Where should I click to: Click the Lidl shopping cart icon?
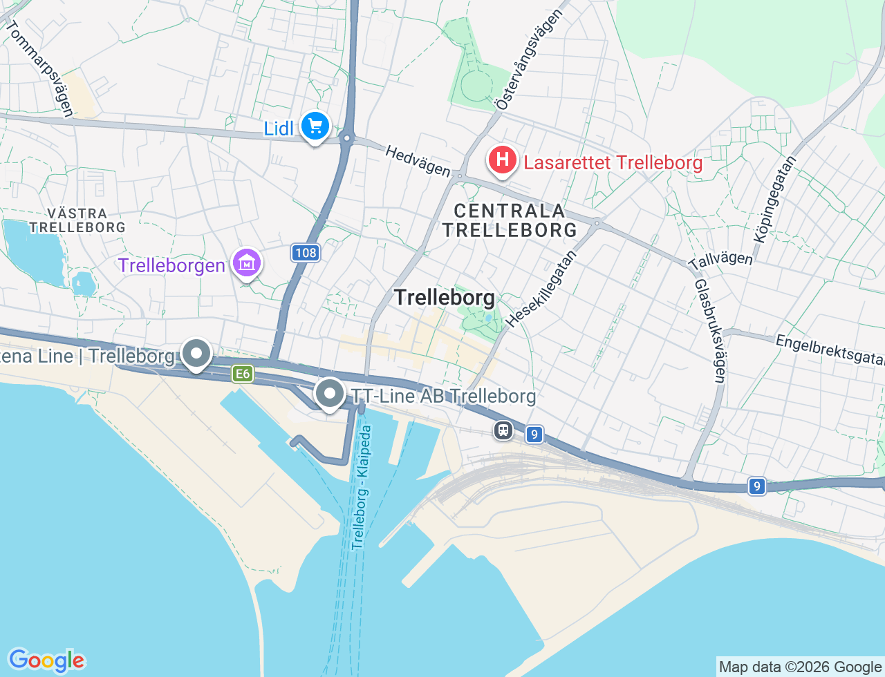pyautogui.click(x=316, y=126)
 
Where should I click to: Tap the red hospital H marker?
pyautogui.click(x=503, y=160)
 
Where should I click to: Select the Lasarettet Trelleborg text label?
pyautogui.click(x=613, y=163)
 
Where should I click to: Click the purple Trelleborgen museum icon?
pyautogui.click(x=246, y=263)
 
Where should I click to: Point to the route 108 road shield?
pyautogui.click(x=305, y=253)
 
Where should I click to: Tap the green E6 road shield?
pyautogui.click(x=242, y=374)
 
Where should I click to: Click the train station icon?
pyautogui.click(x=503, y=430)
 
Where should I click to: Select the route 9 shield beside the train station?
pyautogui.click(x=533, y=435)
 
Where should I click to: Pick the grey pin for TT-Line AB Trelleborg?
pyautogui.click(x=330, y=394)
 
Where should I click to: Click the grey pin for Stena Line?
pyautogui.click(x=196, y=354)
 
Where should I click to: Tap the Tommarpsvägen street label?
pyautogui.click(x=39, y=68)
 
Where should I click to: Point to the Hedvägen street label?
pyautogui.click(x=418, y=161)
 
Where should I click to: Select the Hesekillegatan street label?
pyautogui.click(x=541, y=289)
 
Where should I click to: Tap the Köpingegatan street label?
pyautogui.click(x=774, y=199)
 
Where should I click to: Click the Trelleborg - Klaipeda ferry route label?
pyautogui.click(x=361, y=487)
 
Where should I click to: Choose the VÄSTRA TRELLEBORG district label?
pyautogui.click(x=77, y=220)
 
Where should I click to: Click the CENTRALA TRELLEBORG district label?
pyautogui.click(x=510, y=220)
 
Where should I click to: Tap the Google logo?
pyautogui.click(x=46, y=660)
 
